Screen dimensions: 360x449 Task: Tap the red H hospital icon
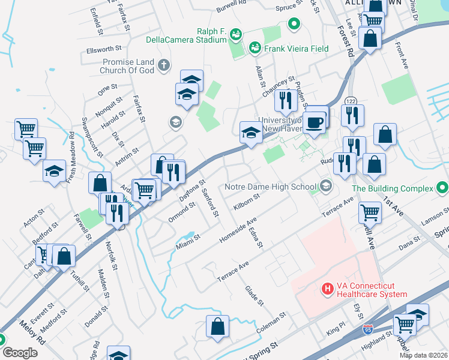tap(328, 289)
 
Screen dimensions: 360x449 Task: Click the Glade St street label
tap(254, 296)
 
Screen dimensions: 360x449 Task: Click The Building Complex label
tap(392, 188)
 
